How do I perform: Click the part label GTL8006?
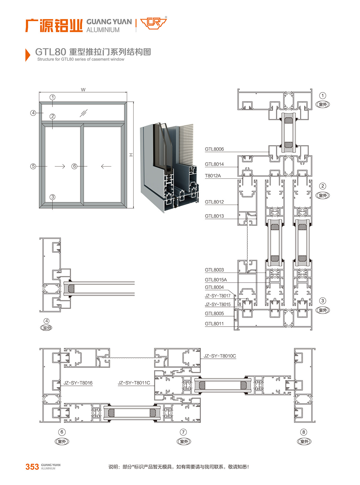[214, 149]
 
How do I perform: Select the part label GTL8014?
[214, 164]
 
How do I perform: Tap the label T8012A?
[213, 176]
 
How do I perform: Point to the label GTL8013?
[214, 216]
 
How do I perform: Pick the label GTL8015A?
[216, 280]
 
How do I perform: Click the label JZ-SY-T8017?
[218, 296]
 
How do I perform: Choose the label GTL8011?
[214, 324]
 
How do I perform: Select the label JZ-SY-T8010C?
[220, 356]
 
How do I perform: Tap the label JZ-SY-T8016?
[78, 383]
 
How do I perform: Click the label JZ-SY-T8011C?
[134, 383]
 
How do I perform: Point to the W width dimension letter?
[83, 90]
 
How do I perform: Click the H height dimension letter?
[131, 155]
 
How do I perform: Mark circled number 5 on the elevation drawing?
[33, 166]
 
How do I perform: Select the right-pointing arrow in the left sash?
[60, 166]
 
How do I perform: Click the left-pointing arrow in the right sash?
[106, 166]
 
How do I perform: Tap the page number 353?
[32, 467]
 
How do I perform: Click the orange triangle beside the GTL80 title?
[28, 55]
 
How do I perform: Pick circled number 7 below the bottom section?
[184, 432]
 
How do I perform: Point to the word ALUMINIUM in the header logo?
[103, 30]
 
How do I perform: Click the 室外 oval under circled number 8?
[304, 442]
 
